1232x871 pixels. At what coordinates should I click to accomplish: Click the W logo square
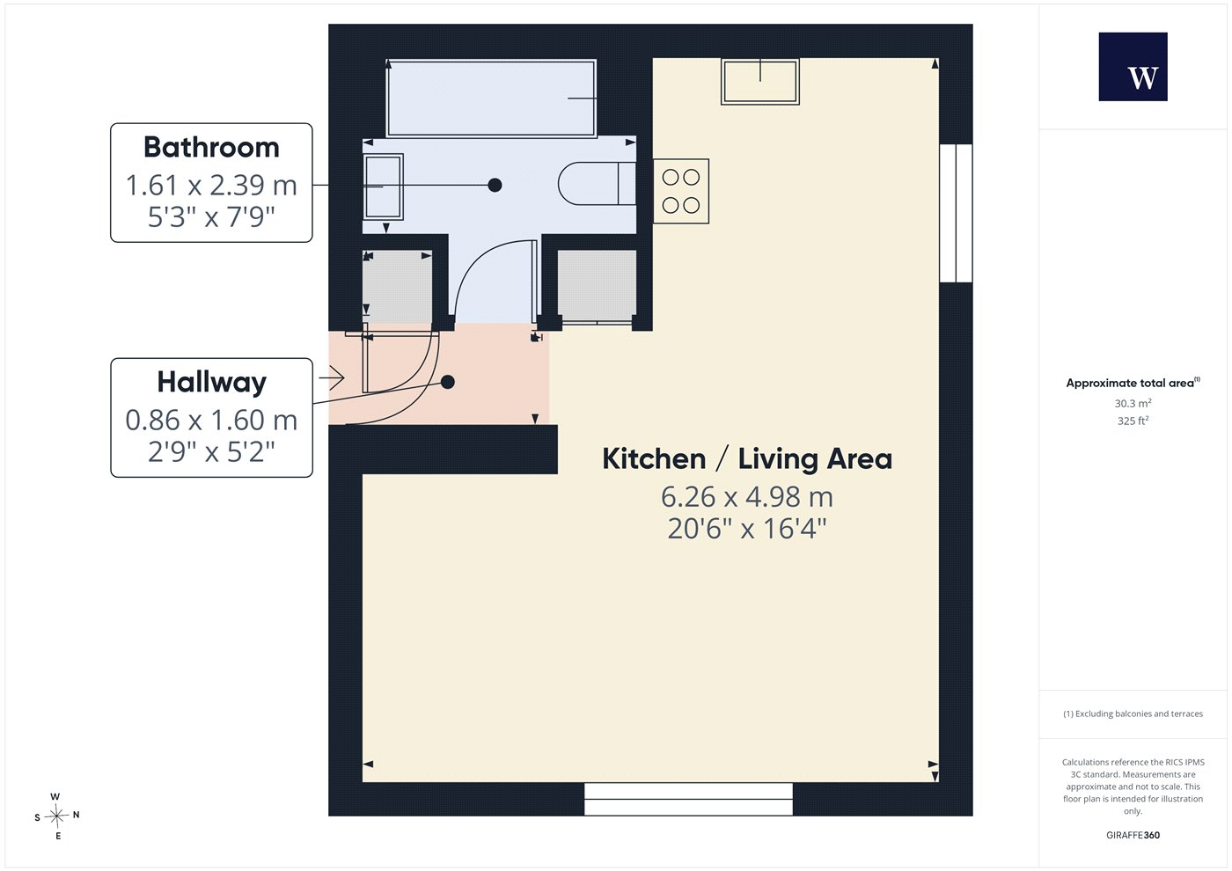(x=1133, y=67)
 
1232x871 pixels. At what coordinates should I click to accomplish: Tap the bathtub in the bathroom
(x=491, y=98)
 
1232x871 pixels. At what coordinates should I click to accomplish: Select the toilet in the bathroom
(x=598, y=184)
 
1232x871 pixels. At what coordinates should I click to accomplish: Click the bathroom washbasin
(x=384, y=187)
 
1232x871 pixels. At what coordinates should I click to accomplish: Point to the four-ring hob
(x=681, y=192)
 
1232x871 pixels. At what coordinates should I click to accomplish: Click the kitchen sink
(x=760, y=81)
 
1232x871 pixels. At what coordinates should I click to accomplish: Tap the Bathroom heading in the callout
(x=212, y=148)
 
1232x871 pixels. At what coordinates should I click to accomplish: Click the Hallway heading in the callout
(x=212, y=383)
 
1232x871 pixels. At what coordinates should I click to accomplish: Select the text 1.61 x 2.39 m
(x=212, y=186)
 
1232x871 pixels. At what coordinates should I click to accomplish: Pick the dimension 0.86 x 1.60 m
(x=212, y=421)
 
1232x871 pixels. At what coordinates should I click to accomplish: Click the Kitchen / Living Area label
(x=747, y=459)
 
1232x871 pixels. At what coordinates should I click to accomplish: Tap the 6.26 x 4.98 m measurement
(x=747, y=497)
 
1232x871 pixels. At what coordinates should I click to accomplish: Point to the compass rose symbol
(x=56, y=816)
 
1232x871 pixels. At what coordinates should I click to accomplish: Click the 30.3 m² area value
(x=1133, y=403)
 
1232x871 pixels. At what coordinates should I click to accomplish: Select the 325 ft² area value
(x=1133, y=421)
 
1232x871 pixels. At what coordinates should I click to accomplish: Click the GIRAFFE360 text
(x=1133, y=835)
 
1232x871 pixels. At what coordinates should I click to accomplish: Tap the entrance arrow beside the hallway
(x=332, y=377)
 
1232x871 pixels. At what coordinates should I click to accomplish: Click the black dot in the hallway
(x=448, y=382)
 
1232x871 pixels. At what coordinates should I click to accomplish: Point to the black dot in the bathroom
(x=495, y=186)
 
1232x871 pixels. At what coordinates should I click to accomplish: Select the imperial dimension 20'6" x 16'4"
(x=747, y=529)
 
